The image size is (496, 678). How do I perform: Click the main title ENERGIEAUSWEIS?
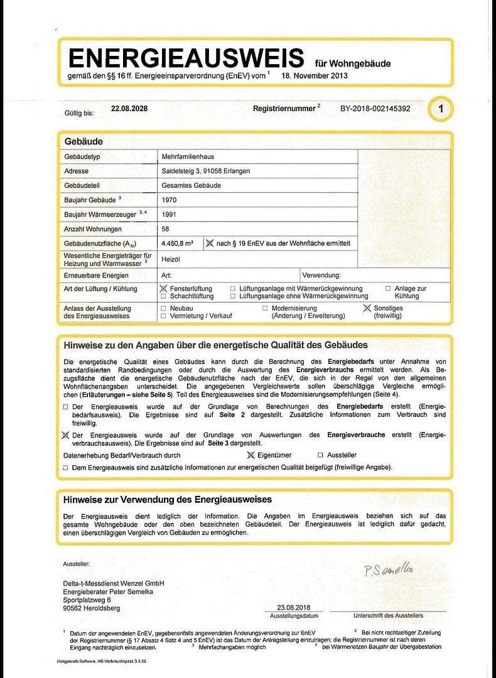coord(186,58)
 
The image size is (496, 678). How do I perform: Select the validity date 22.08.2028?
coord(129,109)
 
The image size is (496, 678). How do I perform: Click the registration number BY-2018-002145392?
coord(375,109)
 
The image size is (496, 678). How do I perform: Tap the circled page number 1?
coord(441,109)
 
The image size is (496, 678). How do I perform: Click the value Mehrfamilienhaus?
coord(188,156)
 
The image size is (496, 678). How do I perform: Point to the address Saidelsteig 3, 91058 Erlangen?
coord(212,171)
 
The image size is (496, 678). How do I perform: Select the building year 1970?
coord(170,200)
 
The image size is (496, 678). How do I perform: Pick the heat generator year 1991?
coord(170,215)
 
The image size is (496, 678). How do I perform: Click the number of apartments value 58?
coord(166,229)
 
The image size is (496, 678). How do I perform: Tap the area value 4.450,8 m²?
coord(178,244)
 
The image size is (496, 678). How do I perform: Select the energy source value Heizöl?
coord(171,259)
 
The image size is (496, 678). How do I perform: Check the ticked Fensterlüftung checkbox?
coord(164,288)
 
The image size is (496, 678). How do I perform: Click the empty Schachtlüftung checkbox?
coord(164,296)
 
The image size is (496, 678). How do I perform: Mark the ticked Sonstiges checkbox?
coord(367,308)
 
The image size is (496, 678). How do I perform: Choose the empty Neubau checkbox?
coord(164,308)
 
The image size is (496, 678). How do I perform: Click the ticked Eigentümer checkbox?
coord(251,455)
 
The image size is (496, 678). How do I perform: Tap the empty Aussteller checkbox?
coord(321,455)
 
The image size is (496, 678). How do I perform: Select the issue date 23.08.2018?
coord(294,608)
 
